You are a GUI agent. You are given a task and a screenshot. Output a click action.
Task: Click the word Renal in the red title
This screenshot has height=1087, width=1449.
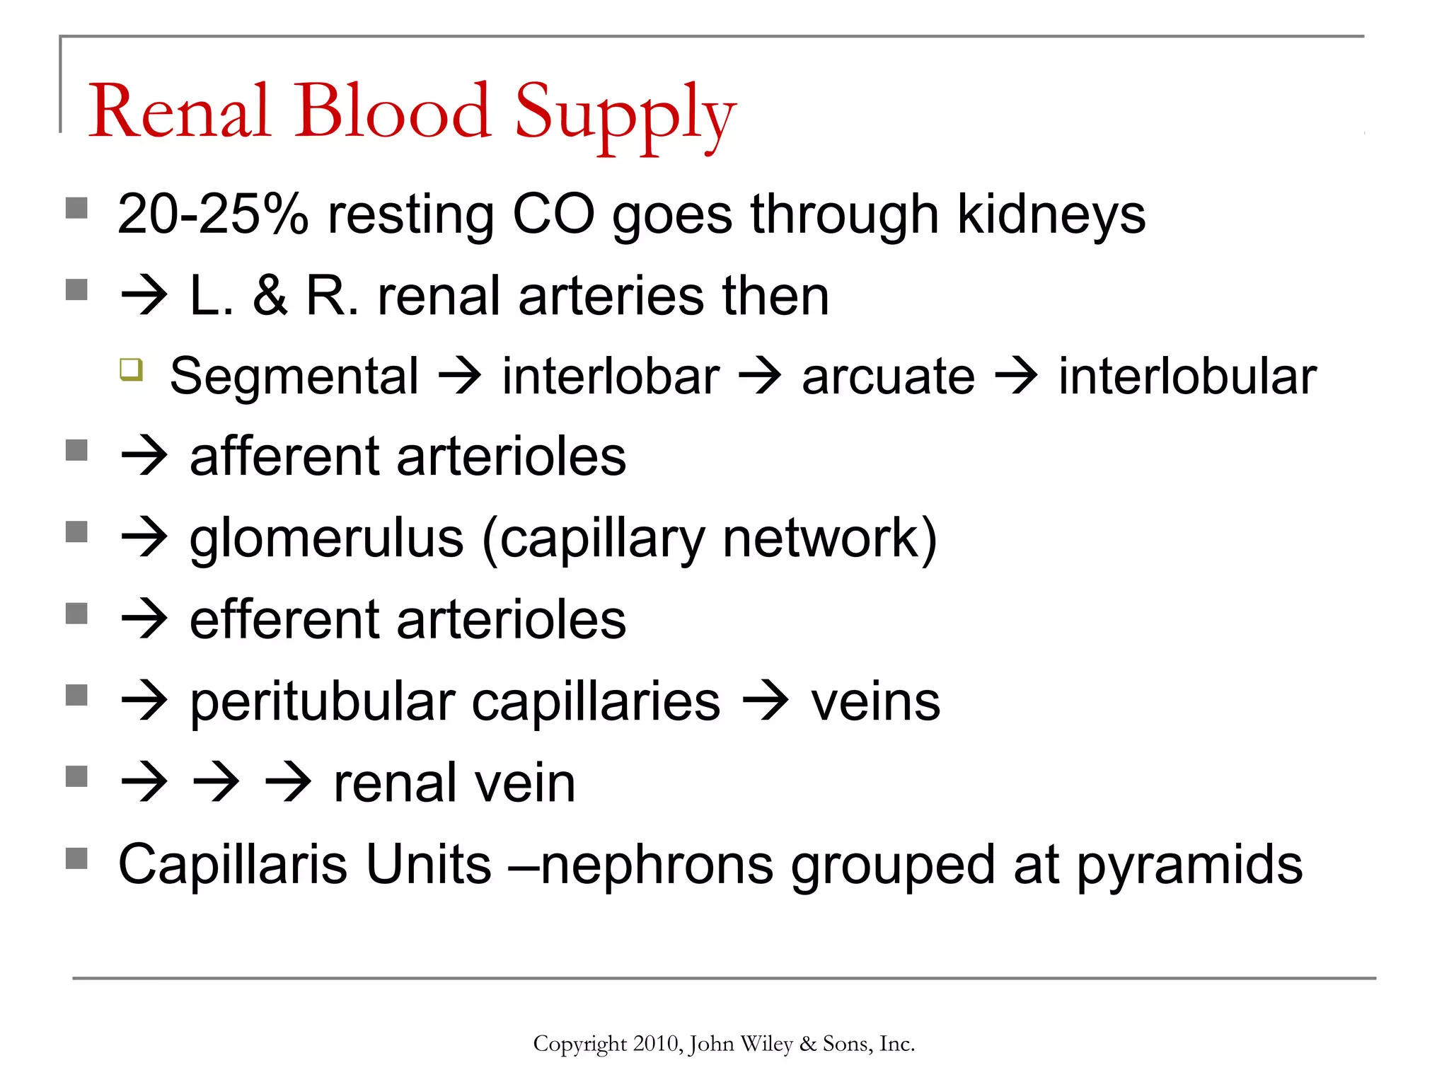pos(180,111)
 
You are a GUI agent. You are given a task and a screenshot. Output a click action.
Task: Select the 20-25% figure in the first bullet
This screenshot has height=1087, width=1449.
pos(212,214)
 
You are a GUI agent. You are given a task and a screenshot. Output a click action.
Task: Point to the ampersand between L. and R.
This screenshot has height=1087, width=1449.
pos(270,296)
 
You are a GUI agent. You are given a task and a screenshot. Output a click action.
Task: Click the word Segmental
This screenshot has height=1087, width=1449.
pos(294,376)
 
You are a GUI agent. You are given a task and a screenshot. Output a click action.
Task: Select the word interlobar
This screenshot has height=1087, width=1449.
pos(611,376)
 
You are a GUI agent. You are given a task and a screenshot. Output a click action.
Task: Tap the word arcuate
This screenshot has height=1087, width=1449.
pos(888,376)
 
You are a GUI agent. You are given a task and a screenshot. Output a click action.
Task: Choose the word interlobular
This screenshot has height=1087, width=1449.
pos(1187,376)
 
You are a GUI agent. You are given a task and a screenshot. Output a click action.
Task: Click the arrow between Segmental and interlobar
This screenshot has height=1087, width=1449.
pos(460,376)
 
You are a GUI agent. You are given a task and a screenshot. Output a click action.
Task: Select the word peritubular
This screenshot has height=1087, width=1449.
pos(322,702)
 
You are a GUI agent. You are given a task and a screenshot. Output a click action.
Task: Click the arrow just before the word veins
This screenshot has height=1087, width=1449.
pos(766,702)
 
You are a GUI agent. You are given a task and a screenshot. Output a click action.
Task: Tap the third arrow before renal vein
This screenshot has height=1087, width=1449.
pos(288,783)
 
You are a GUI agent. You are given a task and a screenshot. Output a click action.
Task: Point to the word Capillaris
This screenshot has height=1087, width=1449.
pos(233,864)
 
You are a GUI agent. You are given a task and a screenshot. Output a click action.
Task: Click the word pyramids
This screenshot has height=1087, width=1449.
pos(1189,865)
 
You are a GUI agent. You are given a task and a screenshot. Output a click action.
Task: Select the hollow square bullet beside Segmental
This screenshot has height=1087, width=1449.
pos(132,369)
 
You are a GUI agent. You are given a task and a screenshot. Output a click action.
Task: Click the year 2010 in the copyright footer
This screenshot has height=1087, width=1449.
pos(657,1044)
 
